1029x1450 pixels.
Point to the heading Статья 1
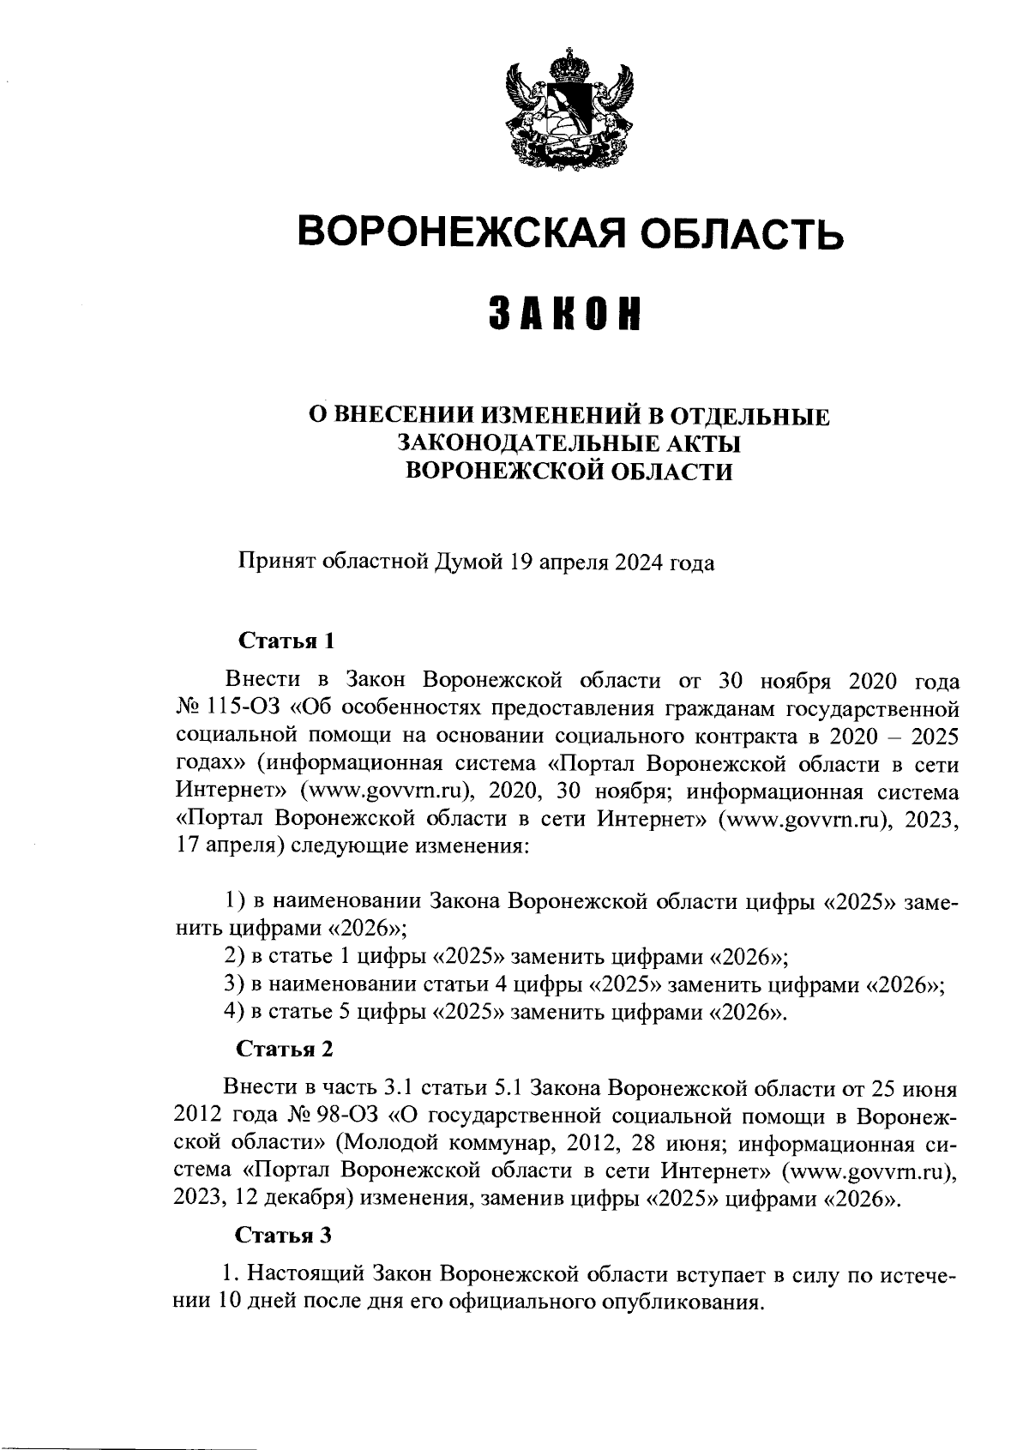tap(284, 641)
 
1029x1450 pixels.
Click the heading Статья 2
tap(284, 1050)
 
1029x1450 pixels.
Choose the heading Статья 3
tap(284, 1236)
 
